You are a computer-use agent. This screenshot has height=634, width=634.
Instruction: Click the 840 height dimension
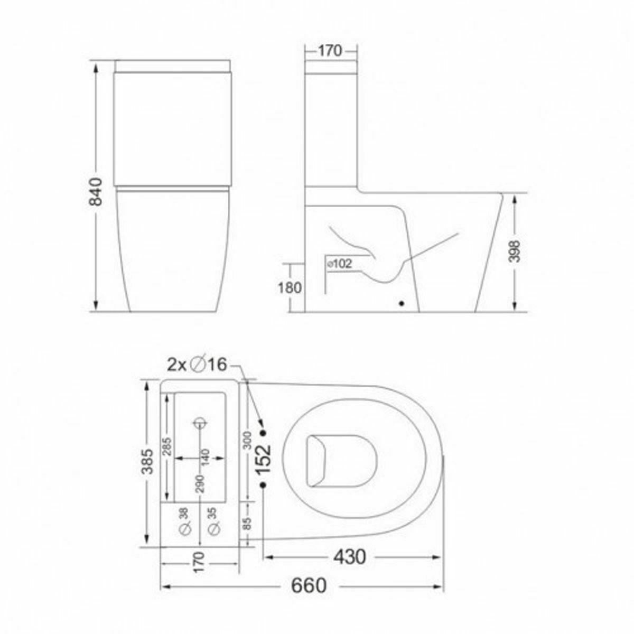point(96,192)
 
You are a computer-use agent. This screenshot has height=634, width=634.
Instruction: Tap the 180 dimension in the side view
point(290,288)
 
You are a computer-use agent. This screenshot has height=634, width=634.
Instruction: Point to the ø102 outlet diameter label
point(340,263)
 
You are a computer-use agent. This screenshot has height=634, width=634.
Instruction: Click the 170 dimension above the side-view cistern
point(331,51)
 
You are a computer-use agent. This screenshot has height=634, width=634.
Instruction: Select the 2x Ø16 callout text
point(197,364)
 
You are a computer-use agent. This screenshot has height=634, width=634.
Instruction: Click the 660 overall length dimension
point(309,585)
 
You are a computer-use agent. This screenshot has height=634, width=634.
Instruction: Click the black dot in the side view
point(402,304)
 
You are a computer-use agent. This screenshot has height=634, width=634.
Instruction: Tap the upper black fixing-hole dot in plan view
point(263,433)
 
